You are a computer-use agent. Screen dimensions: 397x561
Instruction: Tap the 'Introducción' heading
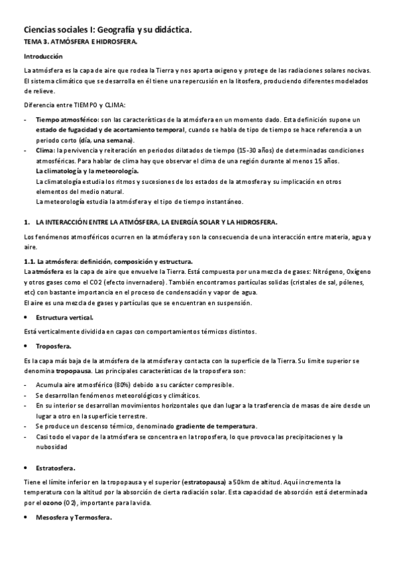(43, 57)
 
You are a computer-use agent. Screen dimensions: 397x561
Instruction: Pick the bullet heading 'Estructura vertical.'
(64, 318)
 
